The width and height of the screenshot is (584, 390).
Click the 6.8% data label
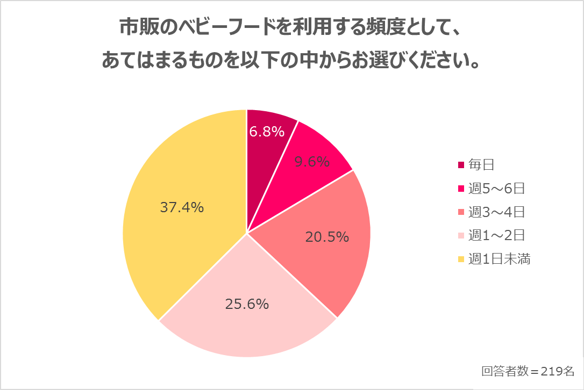267,131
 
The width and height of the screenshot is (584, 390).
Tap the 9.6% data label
312,162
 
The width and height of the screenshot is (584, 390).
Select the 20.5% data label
327,237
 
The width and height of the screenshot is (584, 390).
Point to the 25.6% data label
246,305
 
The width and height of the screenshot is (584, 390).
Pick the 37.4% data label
182,207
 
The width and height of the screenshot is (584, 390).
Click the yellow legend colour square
461,259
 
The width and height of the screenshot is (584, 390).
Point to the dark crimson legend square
461,165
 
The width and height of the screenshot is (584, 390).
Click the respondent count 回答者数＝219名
528,371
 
